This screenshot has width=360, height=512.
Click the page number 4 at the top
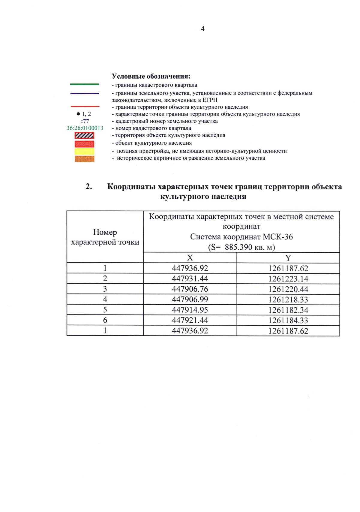coord(203,29)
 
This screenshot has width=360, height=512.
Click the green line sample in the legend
coord(84,84)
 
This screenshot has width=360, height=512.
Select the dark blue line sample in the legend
coord(84,94)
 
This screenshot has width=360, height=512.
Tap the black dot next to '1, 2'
coord(78,114)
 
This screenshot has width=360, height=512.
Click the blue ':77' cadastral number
coord(85,121)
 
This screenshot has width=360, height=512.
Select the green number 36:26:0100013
coord(85,128)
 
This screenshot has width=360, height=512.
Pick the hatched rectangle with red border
coord(84,135)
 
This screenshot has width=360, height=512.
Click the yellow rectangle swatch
coord(84,151)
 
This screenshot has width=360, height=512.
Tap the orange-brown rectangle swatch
coord(84,158)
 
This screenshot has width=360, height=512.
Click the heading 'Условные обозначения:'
coord(151,76)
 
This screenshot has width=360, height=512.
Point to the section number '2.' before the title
coord(89,187)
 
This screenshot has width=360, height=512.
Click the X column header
coord(190,258)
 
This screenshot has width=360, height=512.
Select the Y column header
coord(288,258)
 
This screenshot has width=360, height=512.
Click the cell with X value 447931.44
coord(190,279)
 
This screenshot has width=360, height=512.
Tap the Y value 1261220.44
coord(288,289)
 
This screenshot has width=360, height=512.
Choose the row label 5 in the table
coord(105,310)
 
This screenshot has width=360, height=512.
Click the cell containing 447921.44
coord(190,320)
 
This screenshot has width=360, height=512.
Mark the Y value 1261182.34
coord(288,310)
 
